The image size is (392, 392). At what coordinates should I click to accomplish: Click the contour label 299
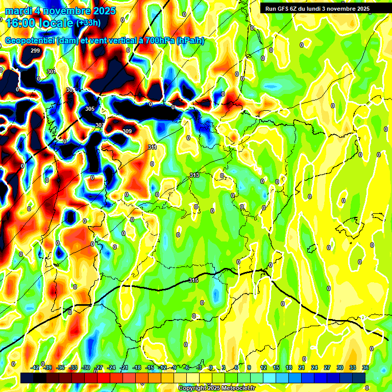pos(35,51)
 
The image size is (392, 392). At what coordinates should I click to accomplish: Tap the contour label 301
pos(51,71)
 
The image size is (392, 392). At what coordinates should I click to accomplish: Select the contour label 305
pos(90,109)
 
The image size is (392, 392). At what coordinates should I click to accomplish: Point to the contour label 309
pos(127,131)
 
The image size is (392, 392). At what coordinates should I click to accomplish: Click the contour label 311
pos(152,147)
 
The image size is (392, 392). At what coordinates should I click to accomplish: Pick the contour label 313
pos(194,175)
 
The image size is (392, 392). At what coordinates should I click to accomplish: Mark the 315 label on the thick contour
pos(193,280)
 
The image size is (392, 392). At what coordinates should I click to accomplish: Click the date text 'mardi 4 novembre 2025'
pos(60,11)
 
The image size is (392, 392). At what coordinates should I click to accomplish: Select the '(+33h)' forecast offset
pos(88,23)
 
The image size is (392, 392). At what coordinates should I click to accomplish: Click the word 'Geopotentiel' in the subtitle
pos(30,41)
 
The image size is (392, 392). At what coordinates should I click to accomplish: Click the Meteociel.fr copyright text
pos(216,388)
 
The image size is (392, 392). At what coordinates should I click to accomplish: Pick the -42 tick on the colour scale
pos(35,367)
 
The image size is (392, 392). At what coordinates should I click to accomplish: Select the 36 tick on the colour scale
pos(365,367)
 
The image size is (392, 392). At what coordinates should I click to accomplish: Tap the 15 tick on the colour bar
pos(276,367)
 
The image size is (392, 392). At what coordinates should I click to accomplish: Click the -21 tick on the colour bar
pos(124,367)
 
